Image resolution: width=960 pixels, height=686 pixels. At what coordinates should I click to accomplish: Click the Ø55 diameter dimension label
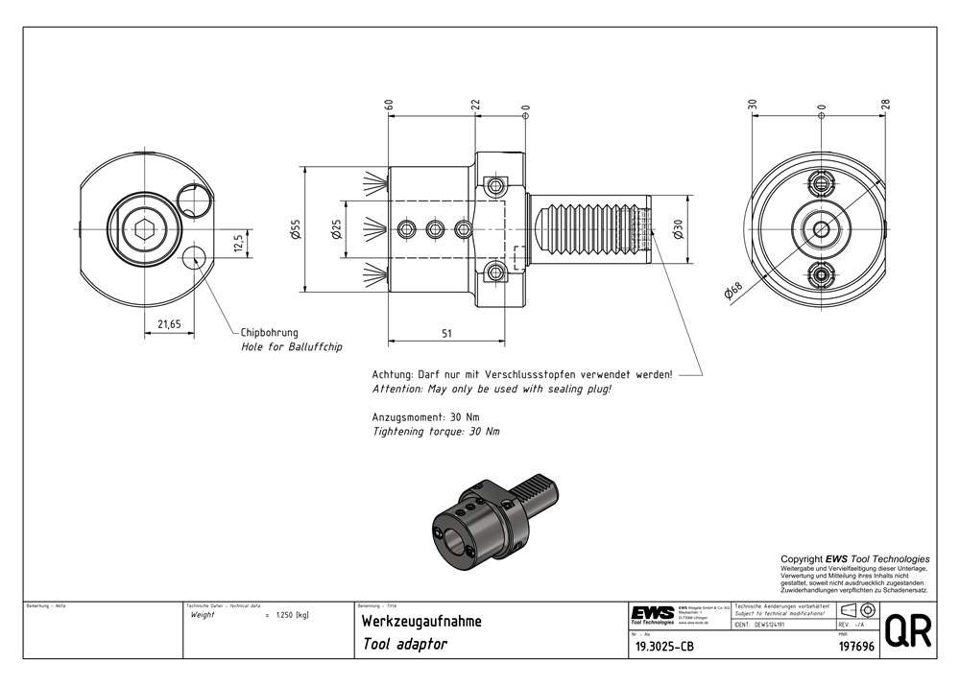point(296,230)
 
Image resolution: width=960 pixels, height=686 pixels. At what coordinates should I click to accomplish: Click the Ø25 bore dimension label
point(336,230)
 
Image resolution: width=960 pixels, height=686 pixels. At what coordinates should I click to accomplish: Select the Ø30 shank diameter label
point(678,230)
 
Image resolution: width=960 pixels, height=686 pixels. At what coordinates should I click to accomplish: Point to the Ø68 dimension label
point(734,291)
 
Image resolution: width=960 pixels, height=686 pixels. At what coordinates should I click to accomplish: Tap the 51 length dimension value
point(447,333)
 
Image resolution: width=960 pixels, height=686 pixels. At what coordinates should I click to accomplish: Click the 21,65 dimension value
point(169,324)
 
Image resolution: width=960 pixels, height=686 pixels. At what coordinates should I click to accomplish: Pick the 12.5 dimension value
point(237,241)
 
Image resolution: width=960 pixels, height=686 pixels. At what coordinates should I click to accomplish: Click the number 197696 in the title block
point(856,648)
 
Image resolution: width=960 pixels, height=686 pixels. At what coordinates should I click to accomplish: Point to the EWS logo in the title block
point(653,614)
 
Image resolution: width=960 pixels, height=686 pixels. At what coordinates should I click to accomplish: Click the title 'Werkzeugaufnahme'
point(421,622)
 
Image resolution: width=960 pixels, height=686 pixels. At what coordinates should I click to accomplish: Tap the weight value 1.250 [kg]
point(290,615)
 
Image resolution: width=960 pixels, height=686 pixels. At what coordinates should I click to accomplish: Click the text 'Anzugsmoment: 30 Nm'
point(425,417)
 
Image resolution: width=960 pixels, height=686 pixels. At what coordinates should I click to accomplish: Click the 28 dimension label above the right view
point(885,105)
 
